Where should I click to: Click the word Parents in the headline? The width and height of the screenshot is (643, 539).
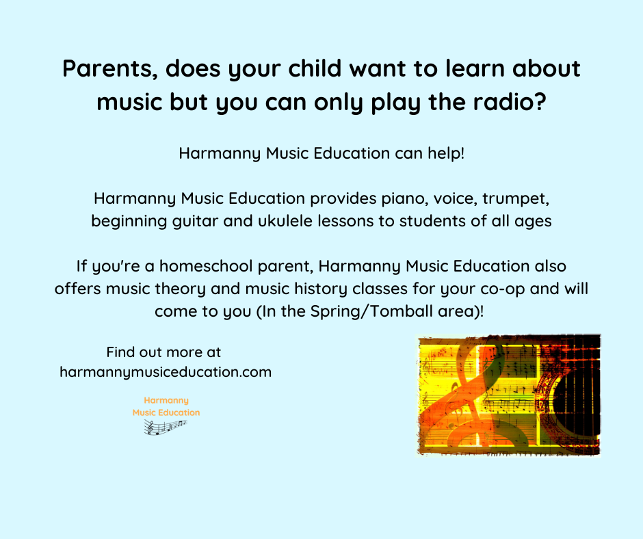pyautogui.click(x=110, y=68)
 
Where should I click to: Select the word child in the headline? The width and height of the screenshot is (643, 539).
pyautogui.click(x=315, y=68)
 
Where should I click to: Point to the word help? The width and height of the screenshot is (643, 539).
pyautogui.click(x=446, y=153)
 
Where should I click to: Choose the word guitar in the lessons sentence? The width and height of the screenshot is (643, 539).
pyautogui.click(x=195, y=221)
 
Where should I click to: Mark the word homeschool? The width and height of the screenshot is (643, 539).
pyautogui.click(x=206, y=266)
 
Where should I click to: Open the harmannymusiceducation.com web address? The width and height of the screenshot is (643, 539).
pyautogui.click(x=166, y=372)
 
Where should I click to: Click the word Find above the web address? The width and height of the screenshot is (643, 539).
pyautogui.click(x=120, y=352)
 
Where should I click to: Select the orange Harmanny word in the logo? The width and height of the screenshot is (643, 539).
pyautogui.click(x=166, y=400)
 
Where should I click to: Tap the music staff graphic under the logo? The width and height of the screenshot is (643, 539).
pyautogui.click(x=166, y=427)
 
